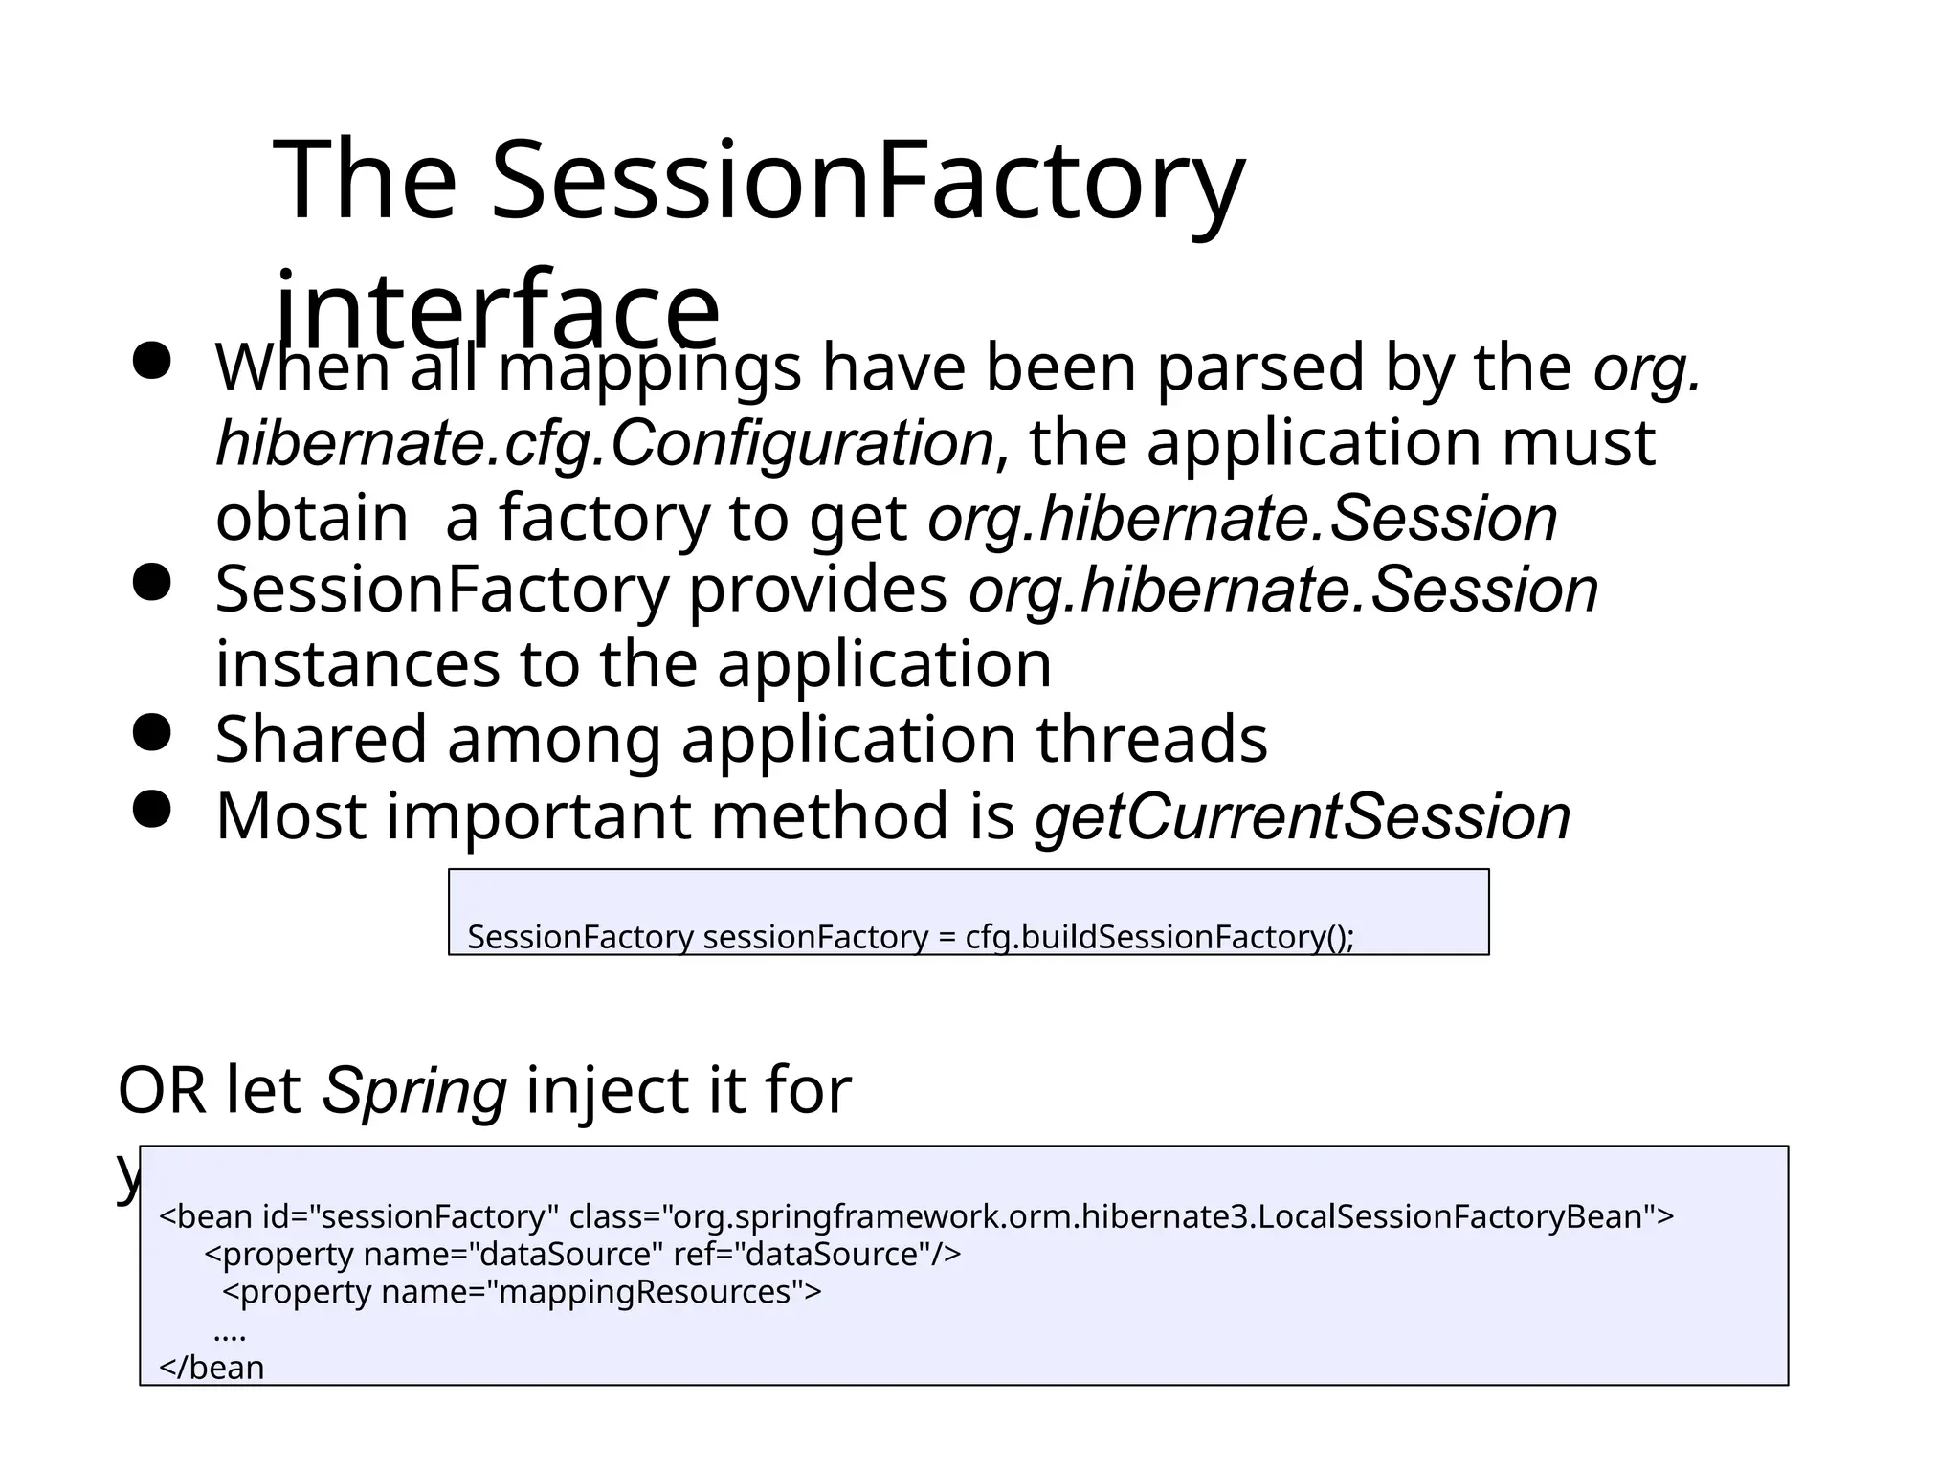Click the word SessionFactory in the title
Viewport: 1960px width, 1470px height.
866,182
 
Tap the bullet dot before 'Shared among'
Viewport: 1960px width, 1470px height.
151,734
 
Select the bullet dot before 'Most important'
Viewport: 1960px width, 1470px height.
151,810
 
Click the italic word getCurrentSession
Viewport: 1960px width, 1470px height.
1302,817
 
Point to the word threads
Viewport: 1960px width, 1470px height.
1151,740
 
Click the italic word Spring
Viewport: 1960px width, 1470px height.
413,1091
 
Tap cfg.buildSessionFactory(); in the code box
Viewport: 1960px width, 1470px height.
1159,937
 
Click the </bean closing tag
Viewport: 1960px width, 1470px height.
211,1368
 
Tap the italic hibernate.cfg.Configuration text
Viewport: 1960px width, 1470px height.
605,444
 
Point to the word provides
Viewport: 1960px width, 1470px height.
817,590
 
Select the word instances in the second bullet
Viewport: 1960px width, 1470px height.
357,665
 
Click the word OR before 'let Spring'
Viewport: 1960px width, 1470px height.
161,1091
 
